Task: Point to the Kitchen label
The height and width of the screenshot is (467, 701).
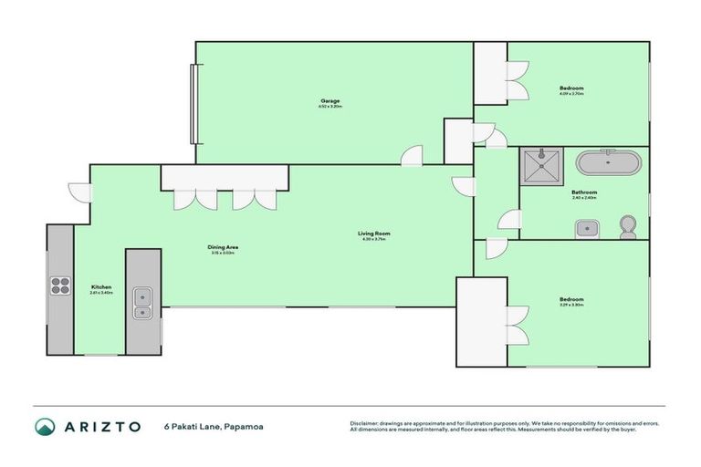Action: coord(100,286)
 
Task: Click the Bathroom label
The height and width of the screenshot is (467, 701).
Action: coord(584,192)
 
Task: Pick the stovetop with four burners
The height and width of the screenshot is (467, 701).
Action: coord(60,286)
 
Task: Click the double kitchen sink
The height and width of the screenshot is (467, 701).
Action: coord(142,303)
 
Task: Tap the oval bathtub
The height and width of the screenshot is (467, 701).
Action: coord(608,164)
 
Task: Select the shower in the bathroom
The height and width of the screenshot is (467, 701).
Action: coord(542,166)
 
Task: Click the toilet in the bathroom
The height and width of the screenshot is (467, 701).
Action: coord(628,226)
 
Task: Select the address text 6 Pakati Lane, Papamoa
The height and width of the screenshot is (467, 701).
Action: coord(211,426)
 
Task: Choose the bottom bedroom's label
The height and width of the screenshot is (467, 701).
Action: coord(571,299)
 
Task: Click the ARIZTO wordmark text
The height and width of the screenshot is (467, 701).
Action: coord(101,426)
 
